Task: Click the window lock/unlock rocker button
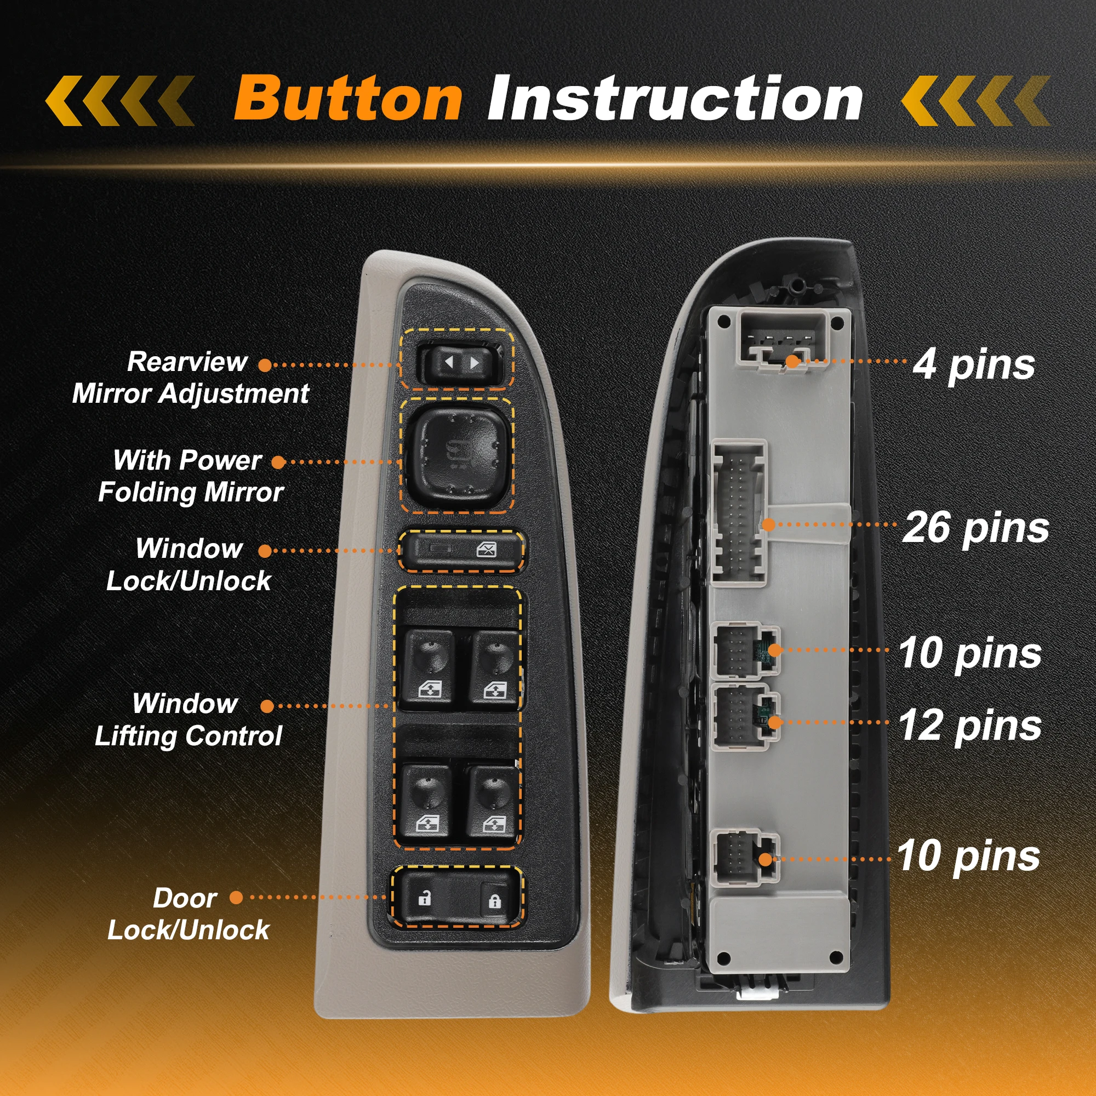(x=461, y=550)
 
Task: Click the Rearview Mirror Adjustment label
(x=190, y=378)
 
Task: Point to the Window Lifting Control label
(x=188, y=720)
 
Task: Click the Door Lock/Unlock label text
(x=188, y=914)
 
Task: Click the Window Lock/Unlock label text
(x=189, y=564)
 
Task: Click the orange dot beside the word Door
(x=236, y=898)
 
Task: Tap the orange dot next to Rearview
(x=265, y=366)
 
